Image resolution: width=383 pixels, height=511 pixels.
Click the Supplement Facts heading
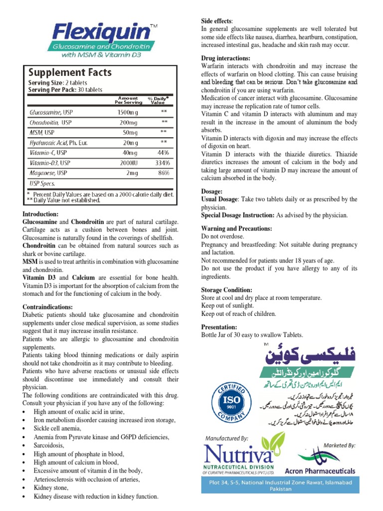[x=69, y=73]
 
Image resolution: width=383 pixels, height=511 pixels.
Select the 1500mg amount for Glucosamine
[x=128, y=113]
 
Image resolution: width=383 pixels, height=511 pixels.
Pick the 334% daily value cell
[x=163, y=163]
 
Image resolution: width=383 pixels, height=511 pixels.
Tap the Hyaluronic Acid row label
[x=58, y=143]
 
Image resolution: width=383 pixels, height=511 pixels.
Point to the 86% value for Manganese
[x=163, y=173]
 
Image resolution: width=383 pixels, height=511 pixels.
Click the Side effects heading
[x=216, y=21]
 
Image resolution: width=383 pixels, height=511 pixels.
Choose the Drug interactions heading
[x=225, y=58]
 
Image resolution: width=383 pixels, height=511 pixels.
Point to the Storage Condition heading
[x=226, y=289]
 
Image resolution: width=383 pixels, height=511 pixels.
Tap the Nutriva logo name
[x=237, y=456]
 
